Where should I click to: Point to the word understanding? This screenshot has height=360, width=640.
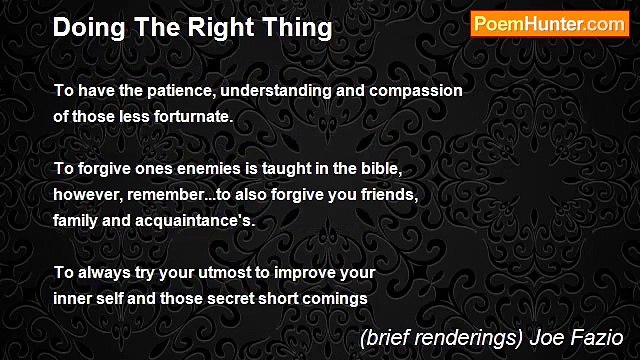[276, 91]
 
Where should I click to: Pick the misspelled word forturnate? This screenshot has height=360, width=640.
[194, 116]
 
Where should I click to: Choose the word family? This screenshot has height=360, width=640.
[77, 218]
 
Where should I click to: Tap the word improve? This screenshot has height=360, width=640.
[301, 271]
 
